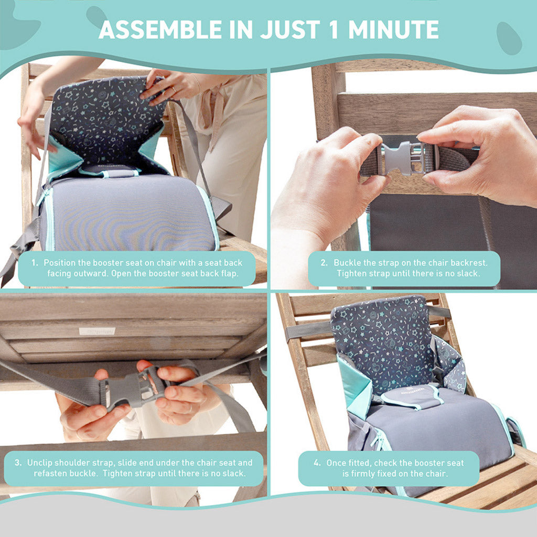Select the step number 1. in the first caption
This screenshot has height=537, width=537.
coord(35,263)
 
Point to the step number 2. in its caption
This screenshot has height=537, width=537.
coord(325,263)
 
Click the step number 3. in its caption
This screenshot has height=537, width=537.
coord(18,463)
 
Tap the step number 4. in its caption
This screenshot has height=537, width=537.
coord(317,463)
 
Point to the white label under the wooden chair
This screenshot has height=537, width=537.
coord(97,331)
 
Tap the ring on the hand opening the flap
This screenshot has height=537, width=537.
coord(174,89)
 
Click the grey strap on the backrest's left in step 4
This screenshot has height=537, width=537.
coord(308,330)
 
